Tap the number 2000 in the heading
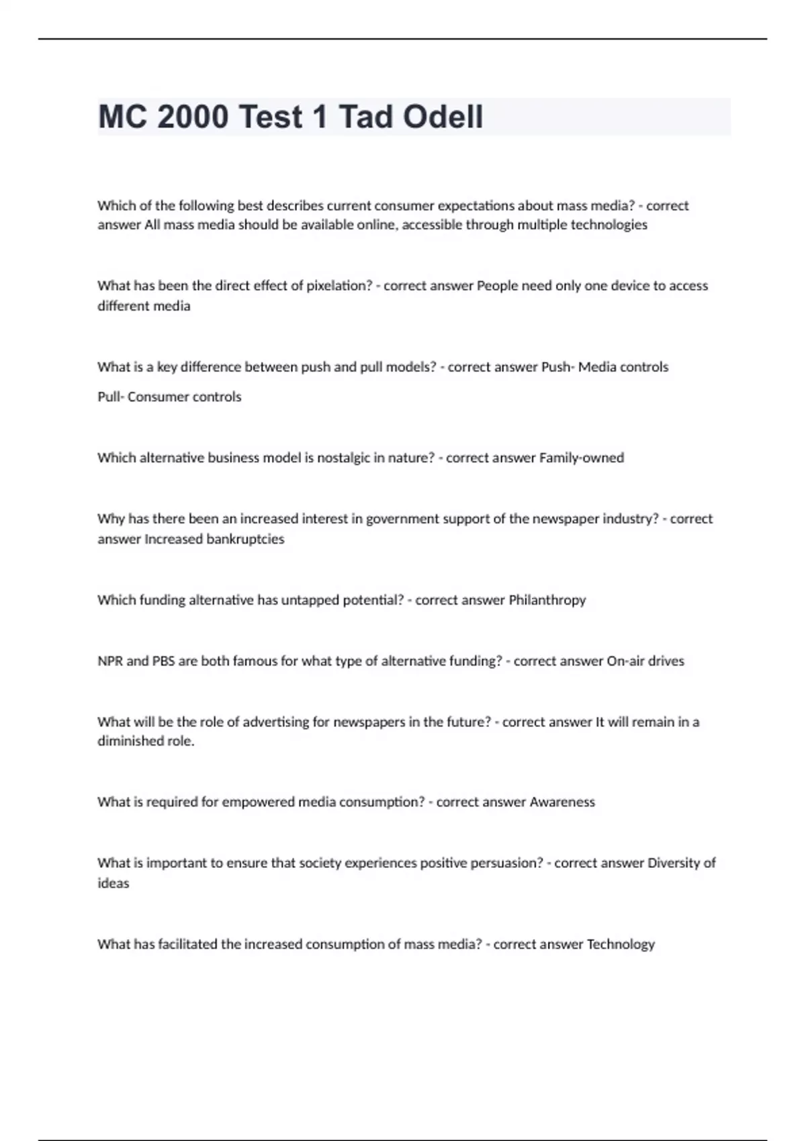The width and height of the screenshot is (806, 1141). [x=193, y=117]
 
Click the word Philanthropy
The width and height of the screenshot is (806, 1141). [x=547, y=600]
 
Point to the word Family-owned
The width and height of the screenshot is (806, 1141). [x=582, y=458]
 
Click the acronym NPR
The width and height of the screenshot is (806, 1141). [x=110, y=661]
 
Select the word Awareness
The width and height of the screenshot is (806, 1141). [x=562, y=802]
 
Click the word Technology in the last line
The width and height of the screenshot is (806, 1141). [x=621, y=944]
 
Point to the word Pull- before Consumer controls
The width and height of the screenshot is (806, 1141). [x=110, y=397]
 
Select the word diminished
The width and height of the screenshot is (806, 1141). [x=145, y=742]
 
